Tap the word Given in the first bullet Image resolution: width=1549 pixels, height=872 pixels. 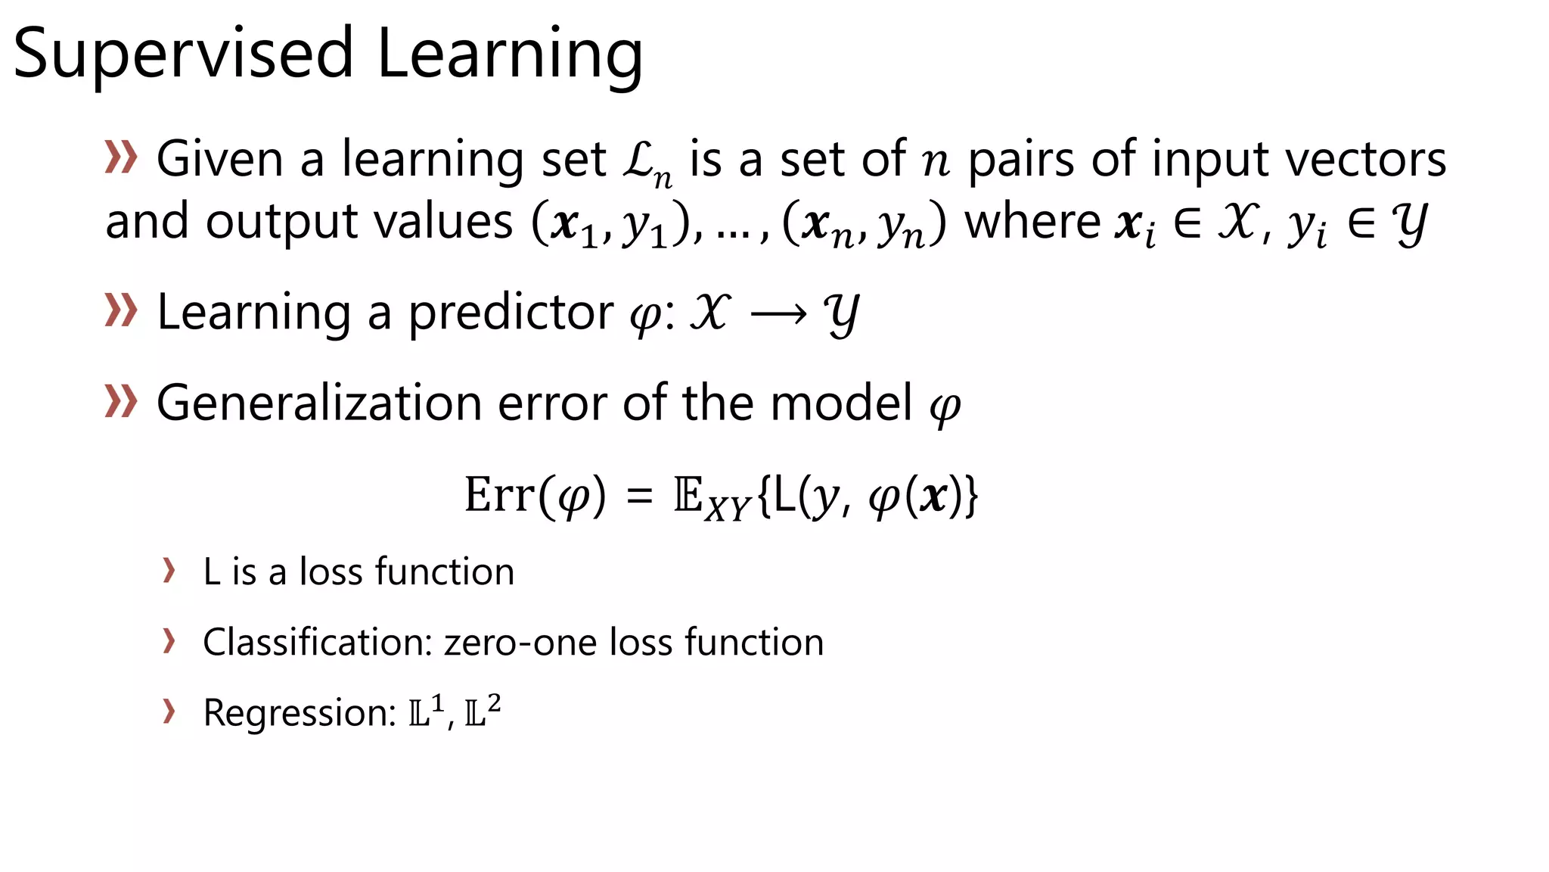[x=219, y=160]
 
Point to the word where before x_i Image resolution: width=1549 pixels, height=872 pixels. [x=1033, y=222]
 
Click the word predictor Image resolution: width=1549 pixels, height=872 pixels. [x=511, y=313]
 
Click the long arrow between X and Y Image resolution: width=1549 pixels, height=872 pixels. [x=778, y=314]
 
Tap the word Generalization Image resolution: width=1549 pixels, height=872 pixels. [x=318, y=403]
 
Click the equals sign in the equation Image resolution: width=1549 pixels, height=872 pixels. [x=640, y=497]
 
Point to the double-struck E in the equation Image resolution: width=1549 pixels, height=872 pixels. [x=688, y=495]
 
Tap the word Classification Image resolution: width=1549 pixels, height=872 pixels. [x=317, y=642]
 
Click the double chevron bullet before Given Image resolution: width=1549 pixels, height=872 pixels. [x=121, y=157]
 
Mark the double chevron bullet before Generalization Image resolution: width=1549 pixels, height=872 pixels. [x=121, y=401]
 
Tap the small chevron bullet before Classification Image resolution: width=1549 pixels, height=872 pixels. [x=169, y=640]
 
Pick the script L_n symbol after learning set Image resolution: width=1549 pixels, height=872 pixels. [x=647, y=163]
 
